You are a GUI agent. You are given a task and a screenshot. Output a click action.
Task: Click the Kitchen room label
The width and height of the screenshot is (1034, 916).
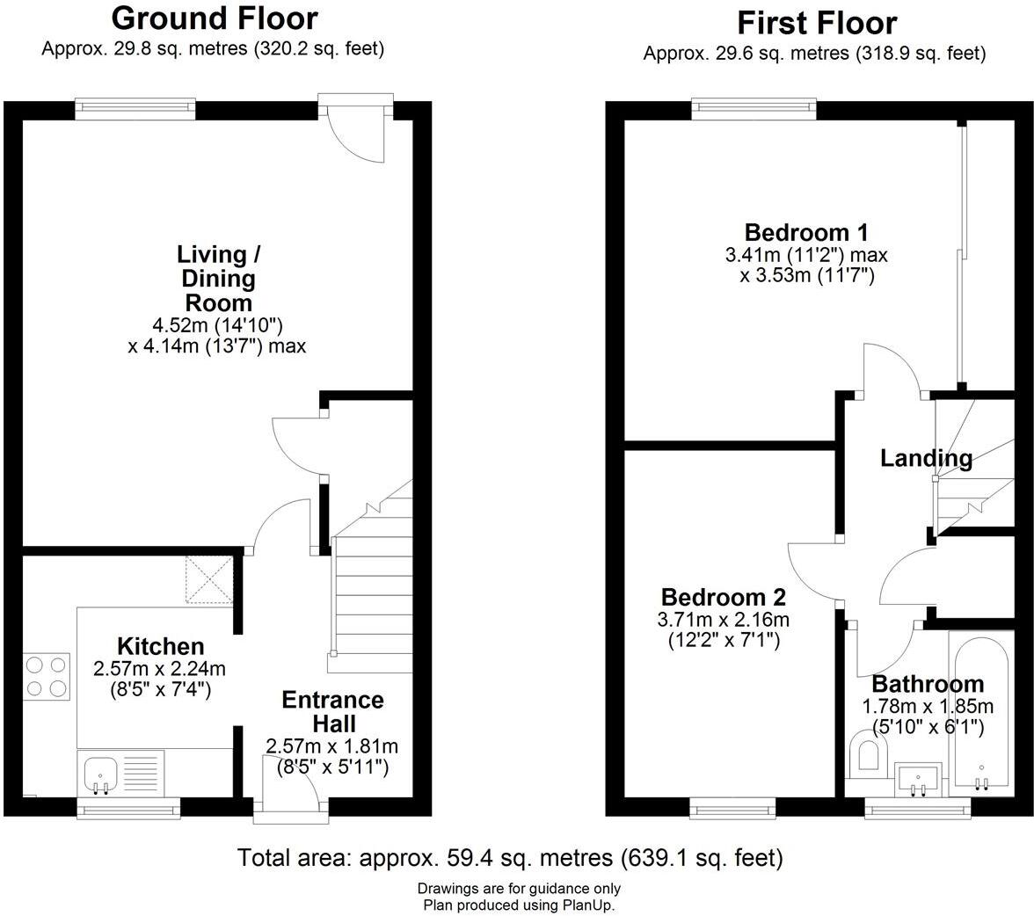160,645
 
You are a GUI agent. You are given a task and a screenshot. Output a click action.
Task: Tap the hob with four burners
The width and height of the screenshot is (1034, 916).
47,677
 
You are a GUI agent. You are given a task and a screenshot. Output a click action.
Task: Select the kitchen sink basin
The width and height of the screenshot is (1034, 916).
101,773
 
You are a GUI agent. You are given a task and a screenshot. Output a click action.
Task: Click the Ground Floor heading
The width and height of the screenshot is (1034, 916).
215,18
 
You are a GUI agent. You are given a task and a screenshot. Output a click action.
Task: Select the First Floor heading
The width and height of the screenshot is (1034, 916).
816,23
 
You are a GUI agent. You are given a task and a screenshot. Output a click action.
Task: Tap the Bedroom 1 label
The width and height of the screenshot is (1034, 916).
806,232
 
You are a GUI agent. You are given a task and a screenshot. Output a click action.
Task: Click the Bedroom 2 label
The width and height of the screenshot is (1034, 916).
724,597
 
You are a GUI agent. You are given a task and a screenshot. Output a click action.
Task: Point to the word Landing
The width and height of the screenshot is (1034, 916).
927,458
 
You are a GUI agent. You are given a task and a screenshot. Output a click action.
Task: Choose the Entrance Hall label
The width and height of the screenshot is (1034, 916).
333,711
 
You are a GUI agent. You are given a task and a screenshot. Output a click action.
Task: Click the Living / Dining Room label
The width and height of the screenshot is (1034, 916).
218,279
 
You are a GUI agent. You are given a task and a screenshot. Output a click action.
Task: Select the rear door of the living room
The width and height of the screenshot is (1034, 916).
356,127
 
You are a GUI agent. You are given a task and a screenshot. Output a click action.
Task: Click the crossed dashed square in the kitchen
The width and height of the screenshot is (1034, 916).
209,579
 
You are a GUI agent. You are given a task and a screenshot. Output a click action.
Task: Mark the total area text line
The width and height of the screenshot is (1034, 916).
510,858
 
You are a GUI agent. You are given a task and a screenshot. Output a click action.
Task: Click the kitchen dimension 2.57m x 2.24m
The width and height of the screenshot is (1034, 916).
160,669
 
